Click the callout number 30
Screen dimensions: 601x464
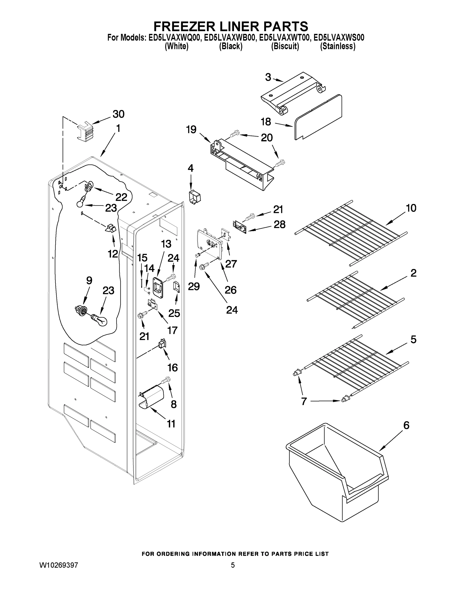click(x=119, y=114)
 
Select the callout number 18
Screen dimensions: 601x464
click(x=266, y=122)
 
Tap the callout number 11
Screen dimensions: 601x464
click(x=171, y=424)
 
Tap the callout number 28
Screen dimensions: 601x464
click(x=279, y=225)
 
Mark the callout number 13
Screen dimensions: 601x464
click(x=166, y=244)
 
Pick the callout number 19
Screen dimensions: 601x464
click(x=191, y=129)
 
